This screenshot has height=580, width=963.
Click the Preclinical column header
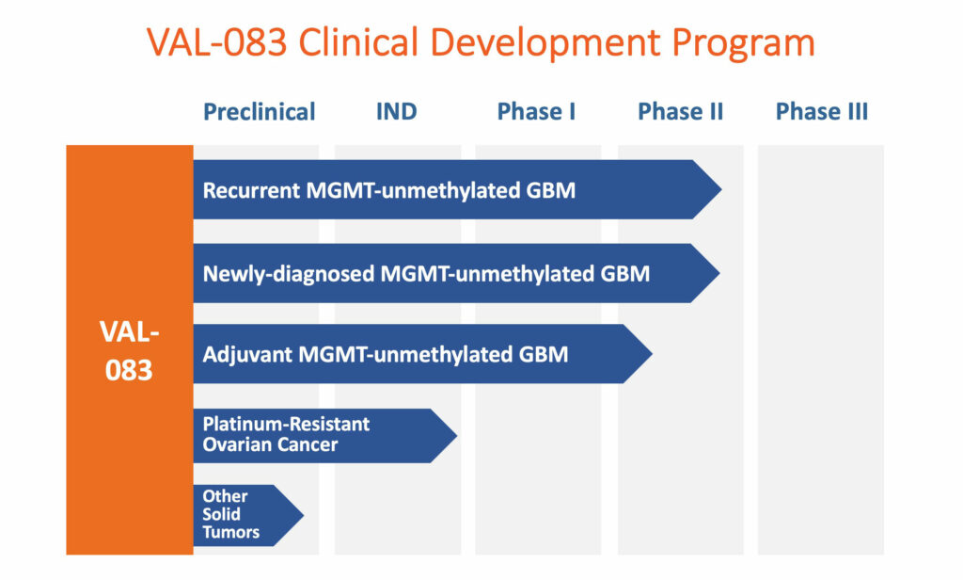click(260, 112)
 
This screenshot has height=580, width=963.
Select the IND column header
click(396, 111)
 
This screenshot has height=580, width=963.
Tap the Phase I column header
click(536, 111)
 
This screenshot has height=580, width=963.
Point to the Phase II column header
click(681, 111)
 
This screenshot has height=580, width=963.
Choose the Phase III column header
click(822, 111)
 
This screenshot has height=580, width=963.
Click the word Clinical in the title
click(358, 42)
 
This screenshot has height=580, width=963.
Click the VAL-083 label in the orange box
click(129, 351)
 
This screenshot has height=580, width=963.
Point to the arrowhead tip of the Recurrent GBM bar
click(721, 189)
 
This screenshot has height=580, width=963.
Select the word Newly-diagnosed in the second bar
click(288, 274)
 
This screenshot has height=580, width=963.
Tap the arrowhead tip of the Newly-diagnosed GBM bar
click(719, 273)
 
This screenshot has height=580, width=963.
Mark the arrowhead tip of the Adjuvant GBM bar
click(653, 354)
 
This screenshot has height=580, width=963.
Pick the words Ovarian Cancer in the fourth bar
click(270, 444)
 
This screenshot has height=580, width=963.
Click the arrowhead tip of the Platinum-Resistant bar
click(457, 435)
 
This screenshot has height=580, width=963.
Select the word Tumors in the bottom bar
click(231, 532)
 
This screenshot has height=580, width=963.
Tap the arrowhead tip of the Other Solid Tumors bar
click(304, 515)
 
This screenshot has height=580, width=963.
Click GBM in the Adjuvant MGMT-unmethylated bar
click(544, 354)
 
